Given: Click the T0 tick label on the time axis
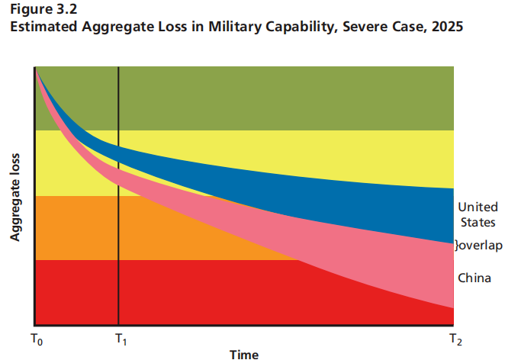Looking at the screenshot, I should coord(37,336).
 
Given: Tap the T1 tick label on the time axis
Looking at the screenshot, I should coord(120,336).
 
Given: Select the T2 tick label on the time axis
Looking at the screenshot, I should coord(455,336).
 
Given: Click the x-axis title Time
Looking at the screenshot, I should coord(244,353).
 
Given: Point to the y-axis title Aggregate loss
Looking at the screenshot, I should coord(14,199).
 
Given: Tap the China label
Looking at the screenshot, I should coord(474,278).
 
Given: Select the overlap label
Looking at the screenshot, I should coord(479,246).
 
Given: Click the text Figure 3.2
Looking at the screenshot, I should coord(39,10).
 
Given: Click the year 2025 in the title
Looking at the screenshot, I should coord(445,27).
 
